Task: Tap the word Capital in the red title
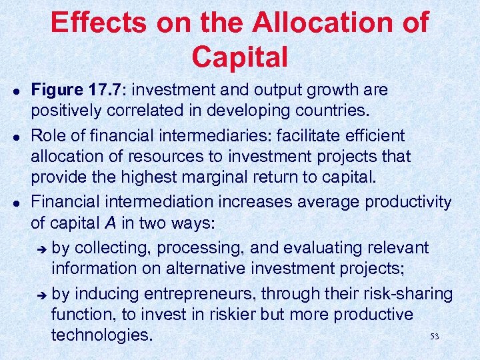[240, 57]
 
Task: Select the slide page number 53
[435, 336]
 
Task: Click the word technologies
[102, 334]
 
